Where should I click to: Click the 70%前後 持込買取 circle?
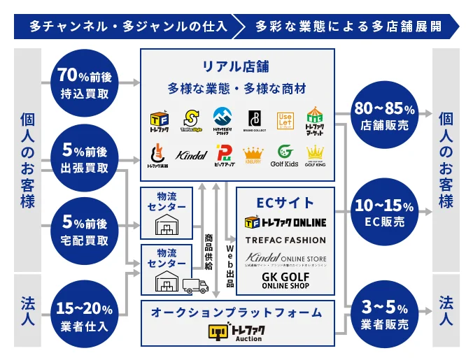point(85,82)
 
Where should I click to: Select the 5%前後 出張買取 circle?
point(85,158)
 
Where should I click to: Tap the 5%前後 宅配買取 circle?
point(85,231)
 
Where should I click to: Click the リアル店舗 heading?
point(236,67)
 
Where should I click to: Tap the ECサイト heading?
point(285,203)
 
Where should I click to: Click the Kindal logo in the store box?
point(192,154)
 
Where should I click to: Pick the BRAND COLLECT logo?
point(255,120)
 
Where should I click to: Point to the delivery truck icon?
point(195,286)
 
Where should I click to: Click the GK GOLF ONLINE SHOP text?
point(285,280)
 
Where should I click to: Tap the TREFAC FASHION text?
point(285,240)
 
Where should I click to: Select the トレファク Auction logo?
point(236,331)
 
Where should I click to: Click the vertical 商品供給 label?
point(209,252)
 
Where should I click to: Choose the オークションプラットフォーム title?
point(236,312)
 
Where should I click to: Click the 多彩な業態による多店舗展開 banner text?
point(348,27)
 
